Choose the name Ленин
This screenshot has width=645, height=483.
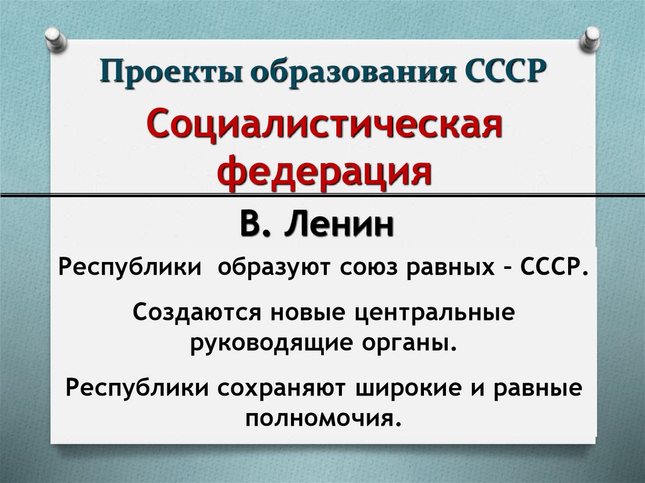click(x=341, y=225)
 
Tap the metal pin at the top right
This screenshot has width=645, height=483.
click(x=591, y=39)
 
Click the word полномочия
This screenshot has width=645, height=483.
click(x=324, y=418)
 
